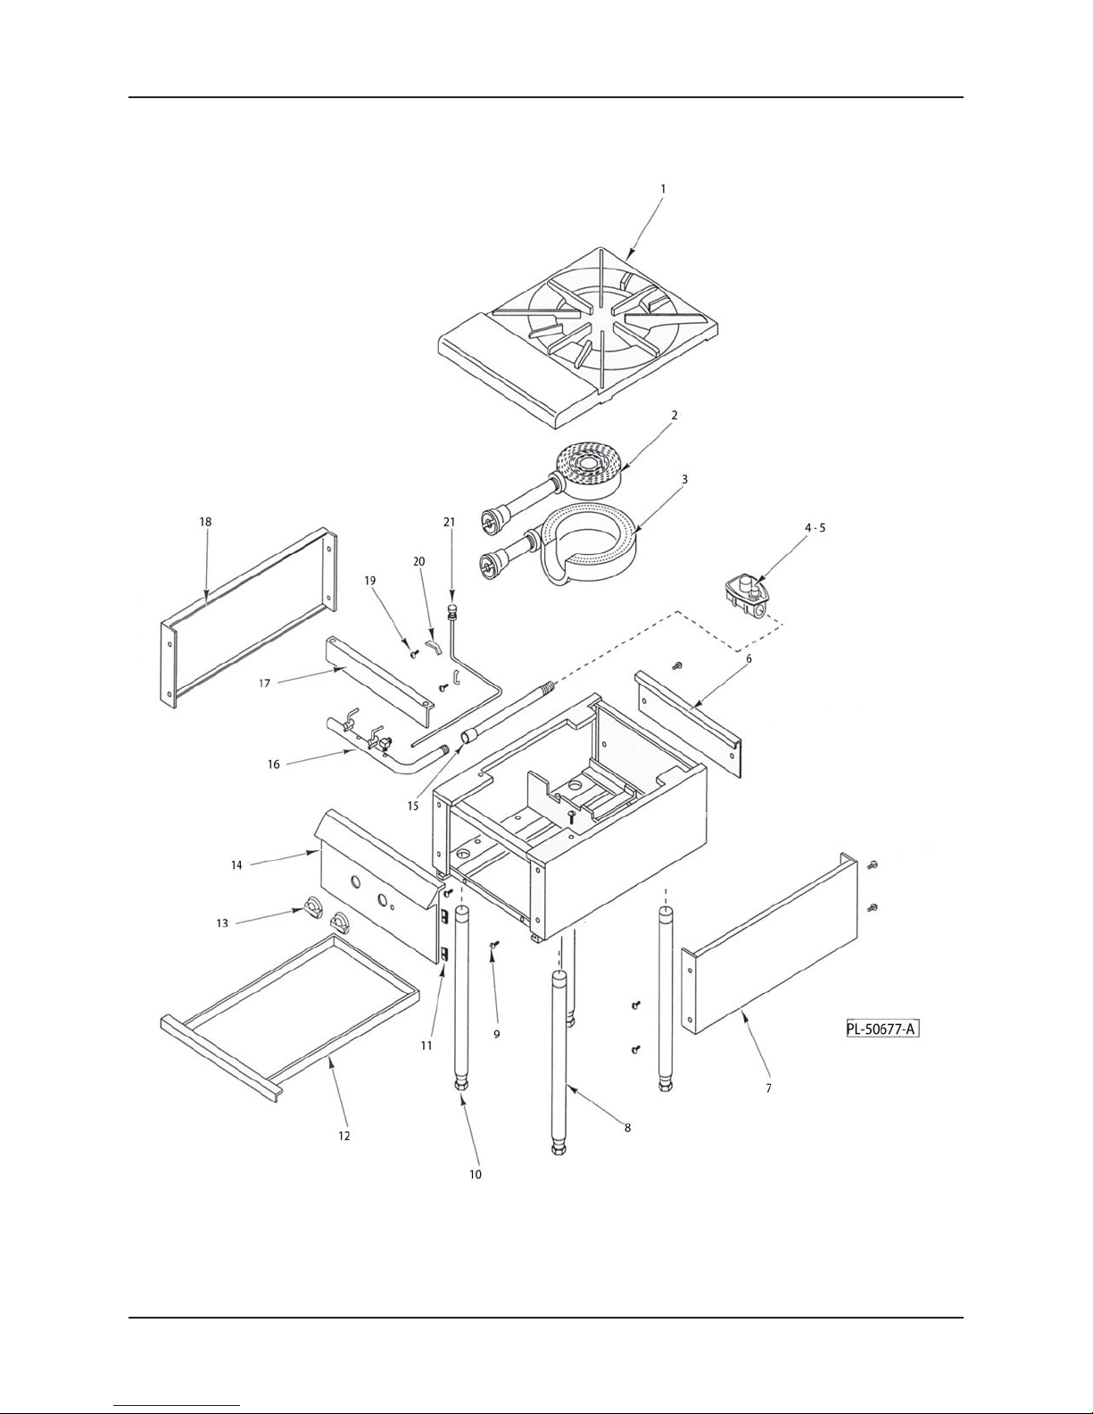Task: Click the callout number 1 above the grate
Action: (663, 189)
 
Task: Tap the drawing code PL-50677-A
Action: (882, 1029)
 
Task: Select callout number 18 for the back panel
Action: (205, 522)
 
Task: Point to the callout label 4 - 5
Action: (815, 528)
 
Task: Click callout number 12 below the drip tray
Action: (344, 1136)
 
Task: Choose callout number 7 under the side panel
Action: (768, 1088)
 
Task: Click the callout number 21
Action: (449, 522)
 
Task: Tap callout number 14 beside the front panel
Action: (236, 864)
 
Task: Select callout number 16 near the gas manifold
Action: (273, 764)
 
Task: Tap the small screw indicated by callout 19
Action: (412, 653)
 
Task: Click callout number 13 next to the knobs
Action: (222, 922)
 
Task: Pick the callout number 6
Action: (749, 658)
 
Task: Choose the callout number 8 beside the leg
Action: (627, 1128)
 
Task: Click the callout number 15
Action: (412, 806)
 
